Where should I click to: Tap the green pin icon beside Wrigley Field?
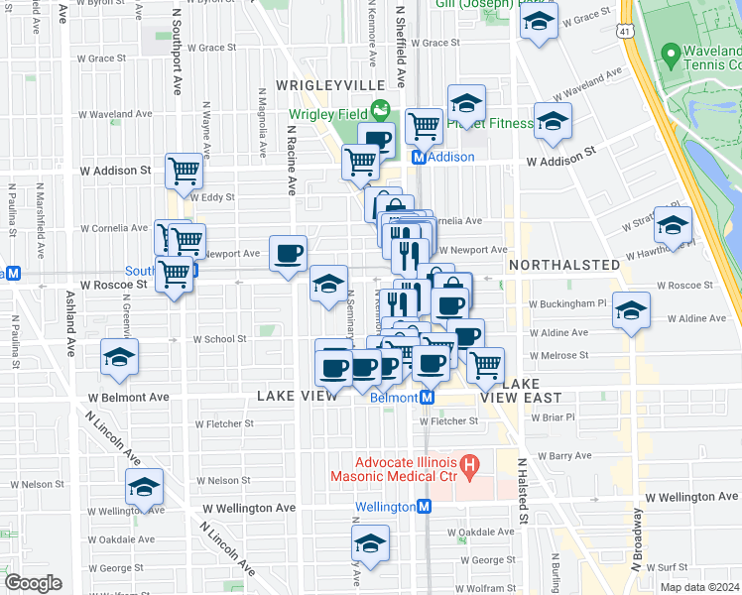pyautogui.click(x=379, y=109)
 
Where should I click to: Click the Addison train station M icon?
pyautogui.click(x=419, y=158)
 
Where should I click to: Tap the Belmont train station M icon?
pyautogui.click(x=427, y=398)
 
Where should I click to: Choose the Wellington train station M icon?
pyautogui.click(x=424, y=507)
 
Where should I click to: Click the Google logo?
pyautogui.click(x=34, y=582)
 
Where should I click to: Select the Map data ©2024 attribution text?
pyautogui.click(x=696, y=587)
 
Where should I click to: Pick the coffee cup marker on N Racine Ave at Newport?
pyautogui.click(x=288, y=253)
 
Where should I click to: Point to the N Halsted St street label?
pyautogui.click(x=521, y=492)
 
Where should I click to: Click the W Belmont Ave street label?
pyautogui.click(x=129, y=397)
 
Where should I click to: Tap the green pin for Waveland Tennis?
pyautogui.click(x=672, y=52)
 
